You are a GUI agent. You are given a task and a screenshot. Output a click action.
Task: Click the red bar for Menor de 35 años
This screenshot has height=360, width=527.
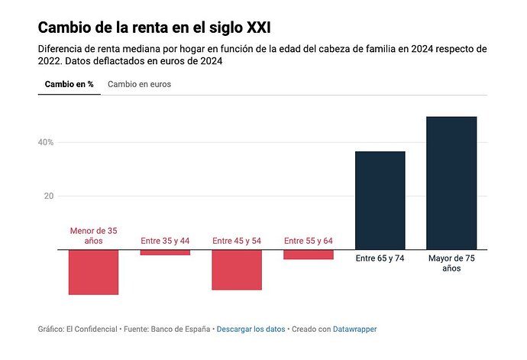tap(93, 272)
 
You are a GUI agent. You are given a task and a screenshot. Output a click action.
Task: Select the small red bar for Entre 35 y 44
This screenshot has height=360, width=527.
tap(165, 252)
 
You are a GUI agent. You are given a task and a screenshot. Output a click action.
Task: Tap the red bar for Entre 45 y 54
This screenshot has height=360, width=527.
tap(237, 270)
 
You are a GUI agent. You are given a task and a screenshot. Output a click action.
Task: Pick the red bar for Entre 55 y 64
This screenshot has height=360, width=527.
tap(309, 255)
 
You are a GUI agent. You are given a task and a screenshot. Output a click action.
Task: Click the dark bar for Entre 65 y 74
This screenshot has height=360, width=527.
tap(380, 200)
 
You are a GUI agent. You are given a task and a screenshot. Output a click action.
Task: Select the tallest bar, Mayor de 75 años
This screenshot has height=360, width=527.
tap(451, 183)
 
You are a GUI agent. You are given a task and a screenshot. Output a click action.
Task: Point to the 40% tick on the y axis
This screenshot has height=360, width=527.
tap(46, 142)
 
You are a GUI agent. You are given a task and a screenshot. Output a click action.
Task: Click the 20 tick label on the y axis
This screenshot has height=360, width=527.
tap(49, 196)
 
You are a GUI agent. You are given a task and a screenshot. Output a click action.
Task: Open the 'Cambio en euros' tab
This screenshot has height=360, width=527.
tap(139, 84)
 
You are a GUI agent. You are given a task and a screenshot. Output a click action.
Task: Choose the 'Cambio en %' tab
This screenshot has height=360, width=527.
tap(70, 84)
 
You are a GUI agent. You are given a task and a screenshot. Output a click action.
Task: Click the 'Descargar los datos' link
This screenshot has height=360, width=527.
tap(251, 329)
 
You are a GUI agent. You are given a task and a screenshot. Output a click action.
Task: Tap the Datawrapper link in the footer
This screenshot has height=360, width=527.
tap(354, 329)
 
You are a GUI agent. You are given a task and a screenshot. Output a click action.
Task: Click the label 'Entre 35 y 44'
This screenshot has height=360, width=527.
tap(165, 241)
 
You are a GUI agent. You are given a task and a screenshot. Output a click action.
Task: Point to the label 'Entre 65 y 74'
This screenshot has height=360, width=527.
tap(380, 258)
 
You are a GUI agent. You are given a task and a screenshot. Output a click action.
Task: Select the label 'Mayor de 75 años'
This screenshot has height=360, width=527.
tap(451, 263)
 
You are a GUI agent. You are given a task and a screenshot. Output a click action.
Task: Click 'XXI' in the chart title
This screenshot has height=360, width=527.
tap(259, 28)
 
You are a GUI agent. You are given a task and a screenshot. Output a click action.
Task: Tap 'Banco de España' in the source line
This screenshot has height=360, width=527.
tap(180, 329)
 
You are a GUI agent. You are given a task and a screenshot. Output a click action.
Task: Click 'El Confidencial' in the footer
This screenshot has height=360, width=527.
tap(92, 329)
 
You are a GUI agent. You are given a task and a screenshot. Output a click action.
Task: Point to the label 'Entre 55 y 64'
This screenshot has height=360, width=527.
tap(309, 241)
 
